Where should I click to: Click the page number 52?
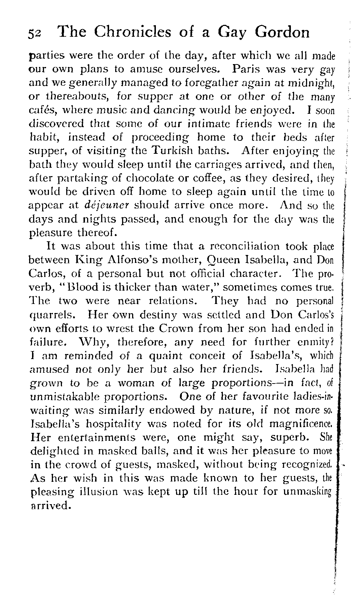[36, 33]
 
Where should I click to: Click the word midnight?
[308, 82]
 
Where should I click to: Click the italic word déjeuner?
[108, 205]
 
